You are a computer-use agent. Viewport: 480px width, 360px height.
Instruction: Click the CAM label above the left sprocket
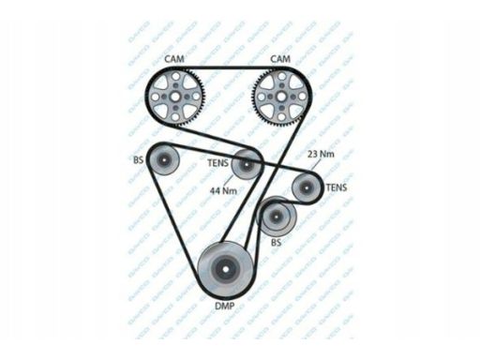[x=174, y=59]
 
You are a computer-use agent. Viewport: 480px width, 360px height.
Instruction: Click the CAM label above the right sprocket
[x=279, y=59]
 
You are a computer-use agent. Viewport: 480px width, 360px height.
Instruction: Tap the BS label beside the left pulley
[x=139, y=159]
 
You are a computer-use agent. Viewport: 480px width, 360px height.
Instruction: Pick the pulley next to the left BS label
[x=165, y=163]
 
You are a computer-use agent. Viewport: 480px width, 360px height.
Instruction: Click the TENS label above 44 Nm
[x=217, y=161]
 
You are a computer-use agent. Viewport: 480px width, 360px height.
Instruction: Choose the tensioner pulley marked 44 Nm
[x=246, y=165]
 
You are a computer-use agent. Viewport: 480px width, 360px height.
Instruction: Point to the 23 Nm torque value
[x=321, y=153]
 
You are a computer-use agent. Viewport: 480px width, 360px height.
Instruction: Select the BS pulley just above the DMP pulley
[x=277, y=217]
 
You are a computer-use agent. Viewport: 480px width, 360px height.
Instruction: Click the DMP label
[x=225, y=305]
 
